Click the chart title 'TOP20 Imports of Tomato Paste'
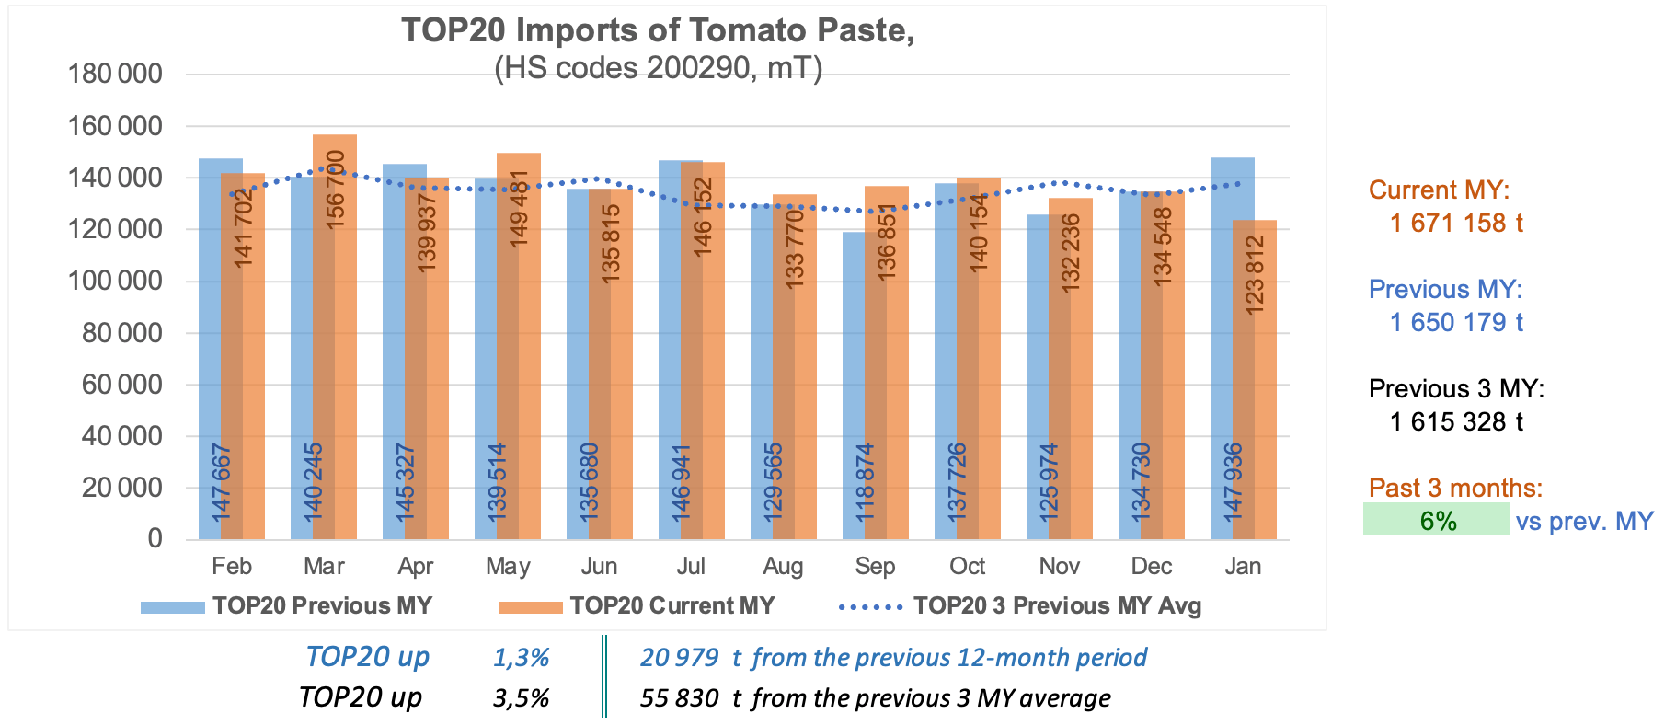(658, 30)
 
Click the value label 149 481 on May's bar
(519, 208)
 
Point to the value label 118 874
(865, 483)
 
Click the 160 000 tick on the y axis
(115, 126)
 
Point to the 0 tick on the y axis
(155, 539)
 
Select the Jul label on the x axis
(691, 566)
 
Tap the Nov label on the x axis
(1059, 566)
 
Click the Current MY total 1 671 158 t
(1456, 223)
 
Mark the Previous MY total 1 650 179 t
(1456, 322)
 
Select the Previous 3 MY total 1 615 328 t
(1456, 421)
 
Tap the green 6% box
(1437, 520)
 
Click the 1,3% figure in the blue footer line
(521, 657)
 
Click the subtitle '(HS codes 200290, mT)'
(658, 68)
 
